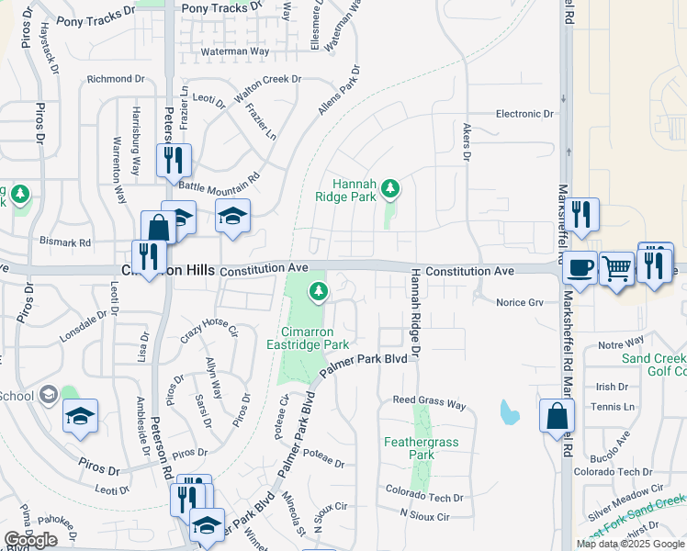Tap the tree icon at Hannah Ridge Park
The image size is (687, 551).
(390, 189)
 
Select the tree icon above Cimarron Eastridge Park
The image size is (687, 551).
(319, 291)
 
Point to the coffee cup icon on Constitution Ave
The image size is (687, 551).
(579, 267)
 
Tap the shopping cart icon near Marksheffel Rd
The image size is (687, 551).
(616, 268)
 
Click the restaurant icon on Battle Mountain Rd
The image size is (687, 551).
(174, 161)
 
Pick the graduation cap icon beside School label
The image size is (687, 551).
(81, 415)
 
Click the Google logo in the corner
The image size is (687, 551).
(30, 540)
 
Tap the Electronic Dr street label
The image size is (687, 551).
(524, 114)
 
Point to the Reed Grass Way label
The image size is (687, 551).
(430, 401)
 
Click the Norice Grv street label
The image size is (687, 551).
(520, 302)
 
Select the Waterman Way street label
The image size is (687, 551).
(234, 51)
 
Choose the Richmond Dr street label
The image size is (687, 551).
(116, 80)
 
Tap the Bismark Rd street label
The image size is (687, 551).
(65, 243)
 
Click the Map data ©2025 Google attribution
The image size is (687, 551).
(629, 544)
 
